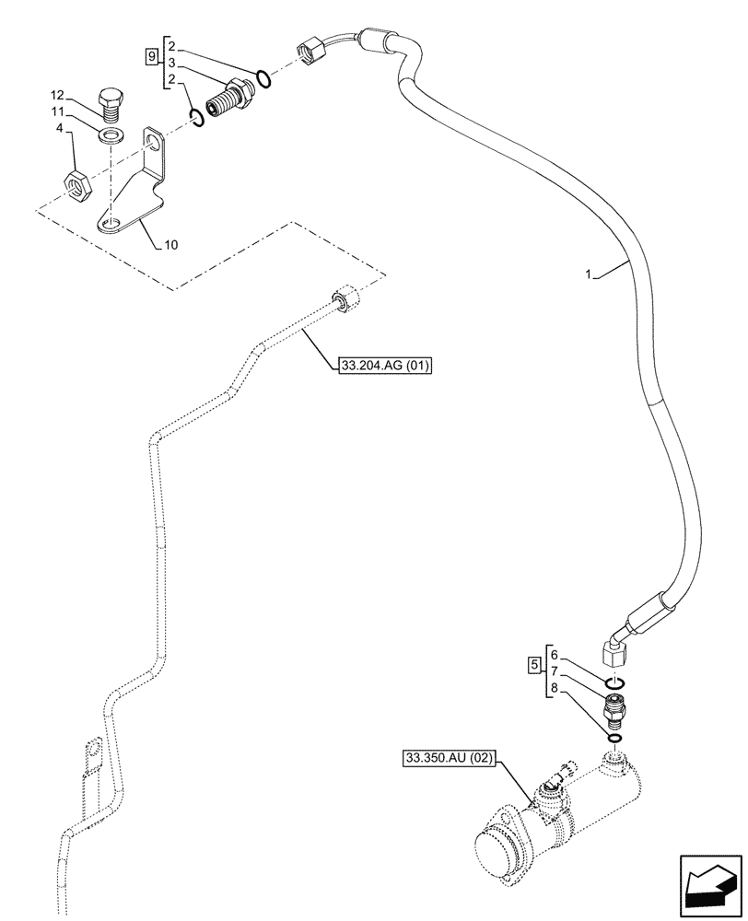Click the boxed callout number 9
[x=151, y=56]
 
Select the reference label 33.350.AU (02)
[x=450, y=759]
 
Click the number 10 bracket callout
[x=171, y=245]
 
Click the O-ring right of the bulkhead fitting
[x=264, y=78]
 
